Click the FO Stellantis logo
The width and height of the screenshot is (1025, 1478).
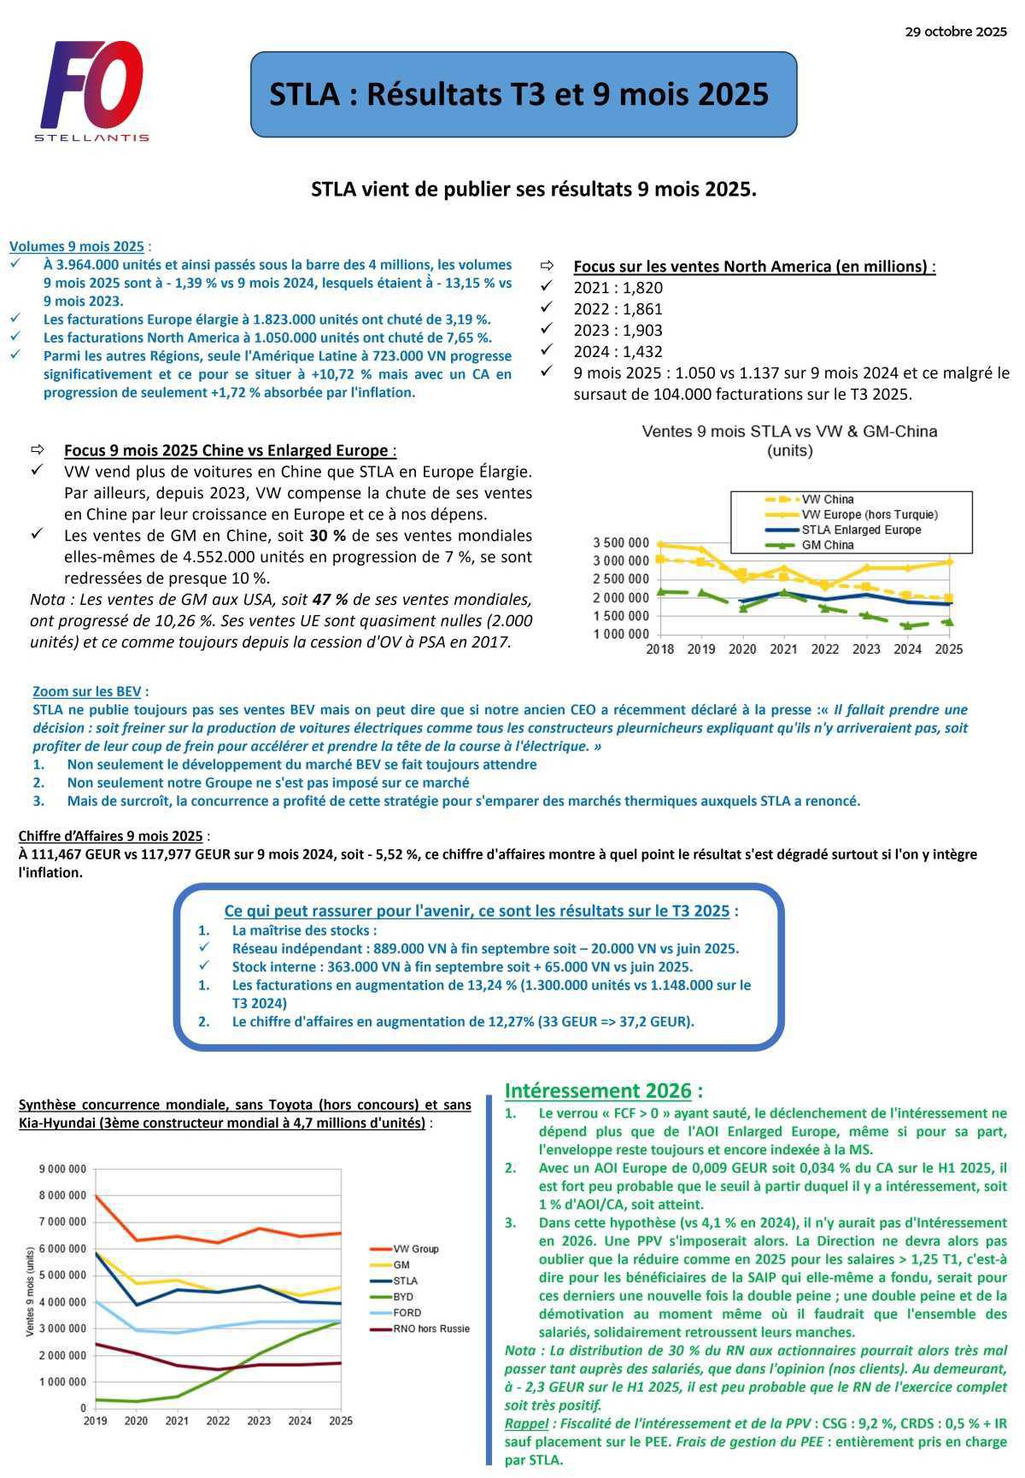[x=92, y=91]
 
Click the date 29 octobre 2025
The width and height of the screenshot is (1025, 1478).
[x=956, y=32]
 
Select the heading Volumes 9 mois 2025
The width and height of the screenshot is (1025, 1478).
[x=77, y=246]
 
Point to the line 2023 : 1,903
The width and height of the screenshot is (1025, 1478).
[x=618, y=331]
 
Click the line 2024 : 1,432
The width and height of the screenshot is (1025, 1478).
[x=618, y=352]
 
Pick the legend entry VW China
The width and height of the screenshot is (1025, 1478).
[x=827, y=500]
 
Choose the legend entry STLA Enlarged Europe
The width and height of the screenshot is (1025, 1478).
[x=860, y=530]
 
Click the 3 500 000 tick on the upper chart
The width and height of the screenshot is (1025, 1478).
[x=620, y=543]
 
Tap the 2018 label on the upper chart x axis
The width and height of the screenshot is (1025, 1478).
[x=659, y=649]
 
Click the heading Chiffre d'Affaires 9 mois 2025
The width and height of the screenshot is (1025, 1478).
[x=110, y=836]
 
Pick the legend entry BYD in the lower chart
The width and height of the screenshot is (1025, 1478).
[x=402, y=1297]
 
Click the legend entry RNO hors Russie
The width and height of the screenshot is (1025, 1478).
[x=430, y=1328]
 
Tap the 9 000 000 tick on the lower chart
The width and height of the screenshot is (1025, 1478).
[x=62, y=1169]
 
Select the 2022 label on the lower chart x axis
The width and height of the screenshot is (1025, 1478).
[x=218, y=1421]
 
